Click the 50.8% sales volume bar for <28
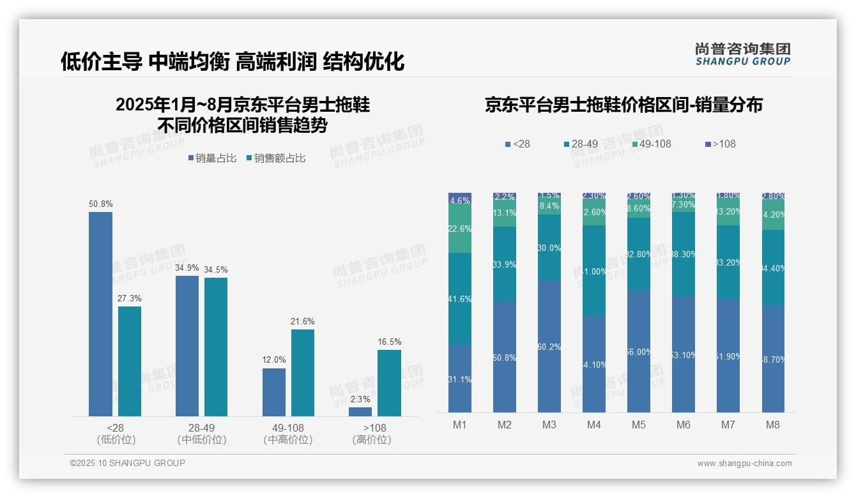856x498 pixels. point(100,313)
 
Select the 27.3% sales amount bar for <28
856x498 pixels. point(130,361)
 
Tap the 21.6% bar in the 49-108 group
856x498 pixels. point(303,372)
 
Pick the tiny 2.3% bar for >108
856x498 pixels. point(360,412)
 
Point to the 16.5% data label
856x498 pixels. point(389,342)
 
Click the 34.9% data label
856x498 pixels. point(187,268)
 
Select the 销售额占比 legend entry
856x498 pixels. point(275,158)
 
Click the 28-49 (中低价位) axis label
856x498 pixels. point(201,434)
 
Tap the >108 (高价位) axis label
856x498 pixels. point(371,434)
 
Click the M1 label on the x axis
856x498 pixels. point(459,425)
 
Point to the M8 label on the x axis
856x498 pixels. point(772,425)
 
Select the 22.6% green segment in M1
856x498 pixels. point(460,229)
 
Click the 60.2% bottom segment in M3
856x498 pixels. point(549,347)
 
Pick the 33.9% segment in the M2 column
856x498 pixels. point(505,264)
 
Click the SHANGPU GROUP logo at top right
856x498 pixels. point(742,54)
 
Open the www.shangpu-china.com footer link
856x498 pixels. point(744,464)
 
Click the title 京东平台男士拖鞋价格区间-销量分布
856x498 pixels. point(623,105)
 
